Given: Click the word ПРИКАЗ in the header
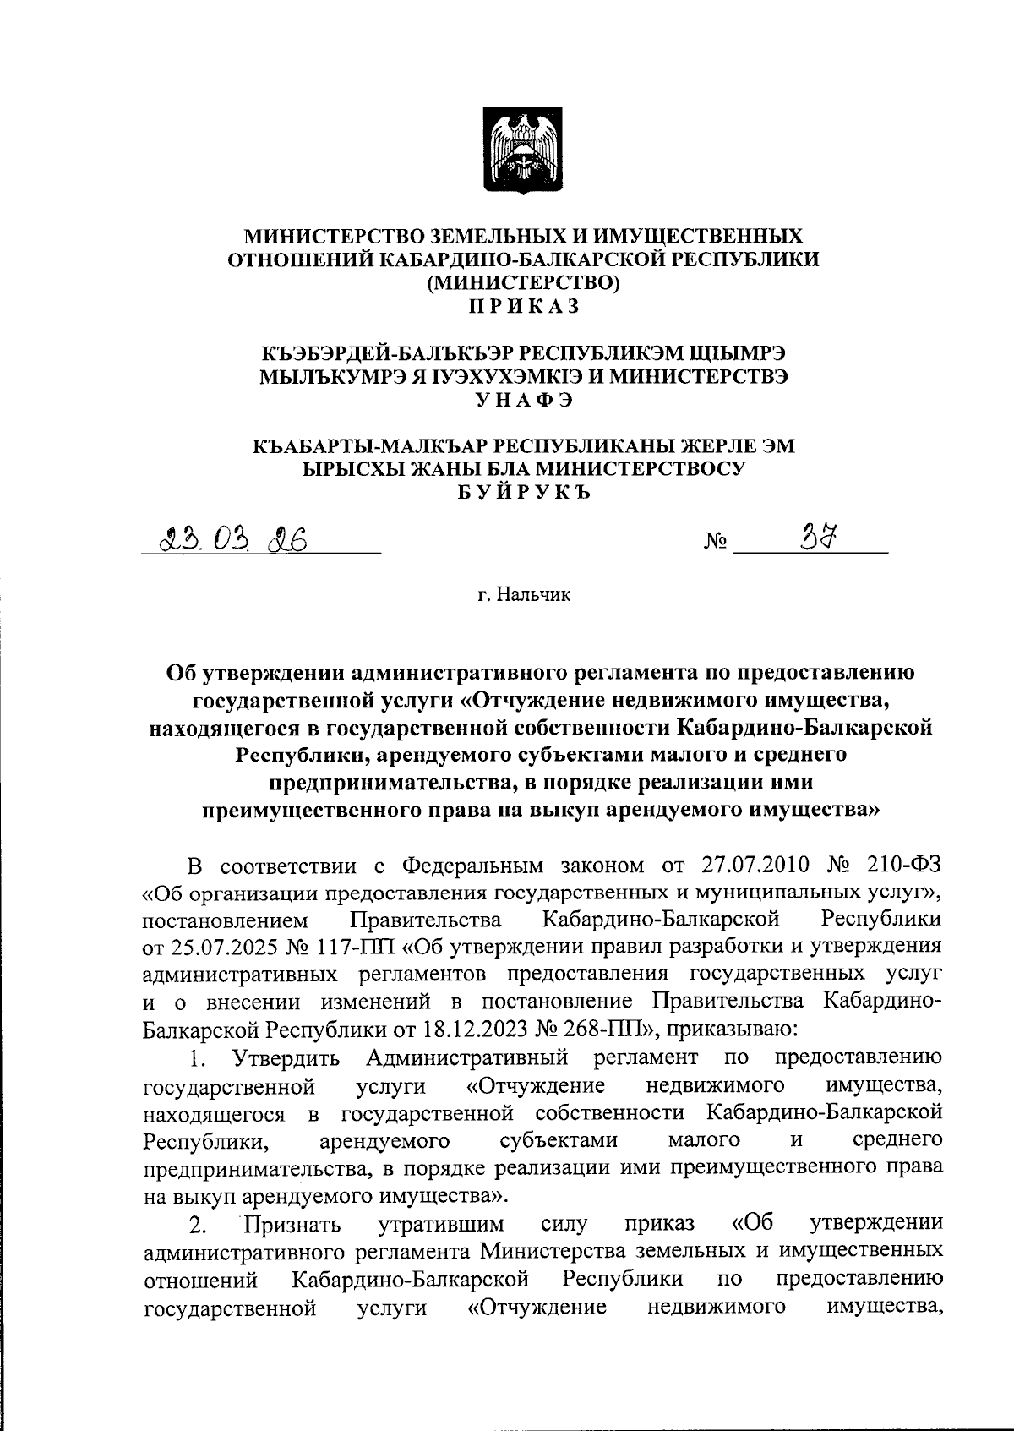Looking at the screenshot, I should tap(524, 306).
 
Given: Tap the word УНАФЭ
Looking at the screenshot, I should tap(524, 401).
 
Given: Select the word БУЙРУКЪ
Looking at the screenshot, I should tap(524, 494).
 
